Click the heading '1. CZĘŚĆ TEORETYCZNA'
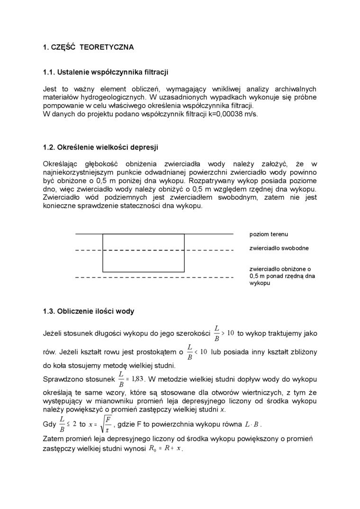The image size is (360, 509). pyautogui.click(x=88, y=47)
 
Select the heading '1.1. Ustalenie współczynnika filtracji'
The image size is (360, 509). pyautogui.click(x=106, y=72)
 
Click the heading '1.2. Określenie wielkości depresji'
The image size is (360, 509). pyautogui.click(x=100, y=147)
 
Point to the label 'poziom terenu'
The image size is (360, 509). pyautogui.click(x=269, y=234)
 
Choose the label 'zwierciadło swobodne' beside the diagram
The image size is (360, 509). pyautogui.click(x=279, y=248)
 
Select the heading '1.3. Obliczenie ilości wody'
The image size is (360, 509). pyautogui.click(x=89, y=312)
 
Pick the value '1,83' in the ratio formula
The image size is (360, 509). pyautogui.click(x=137, y=379)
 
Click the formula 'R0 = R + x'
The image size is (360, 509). pyautogui.click(x=165, y=448)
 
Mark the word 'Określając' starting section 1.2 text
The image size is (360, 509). pyautogui.click(x=60, y=164)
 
